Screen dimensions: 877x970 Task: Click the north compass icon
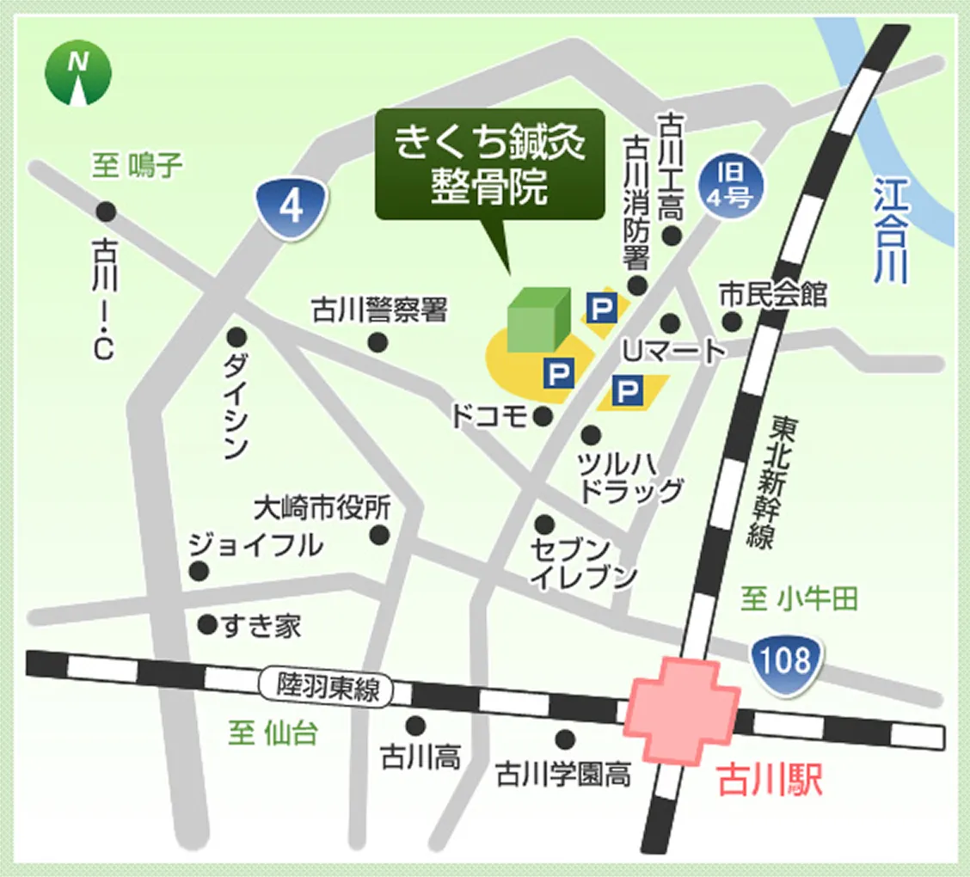coord(78,72)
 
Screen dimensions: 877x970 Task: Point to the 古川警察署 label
coord(379,310)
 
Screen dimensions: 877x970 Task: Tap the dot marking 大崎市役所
coord(379,536)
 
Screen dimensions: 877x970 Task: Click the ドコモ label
coord(489,417)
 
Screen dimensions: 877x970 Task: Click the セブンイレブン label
coord(584,563)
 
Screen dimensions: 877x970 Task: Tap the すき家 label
coord(261,626)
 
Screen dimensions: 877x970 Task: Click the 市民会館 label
coord(773,295)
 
